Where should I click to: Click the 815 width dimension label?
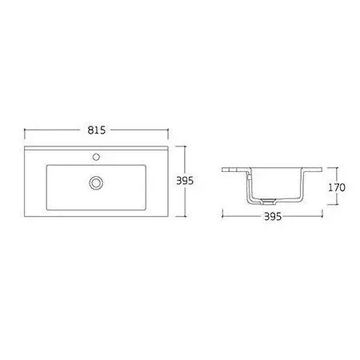[x=97, y=130]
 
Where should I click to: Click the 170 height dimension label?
[x=337, y=187]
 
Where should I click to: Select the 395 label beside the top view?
[x=185, y=181]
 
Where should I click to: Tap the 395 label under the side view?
[x=273, y=217]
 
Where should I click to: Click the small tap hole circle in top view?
[x=96, y=157]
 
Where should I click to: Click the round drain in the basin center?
[x=96, y=182]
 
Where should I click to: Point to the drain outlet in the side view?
[x=268, y=202]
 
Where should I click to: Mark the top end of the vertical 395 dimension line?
[x=185, y=146]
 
